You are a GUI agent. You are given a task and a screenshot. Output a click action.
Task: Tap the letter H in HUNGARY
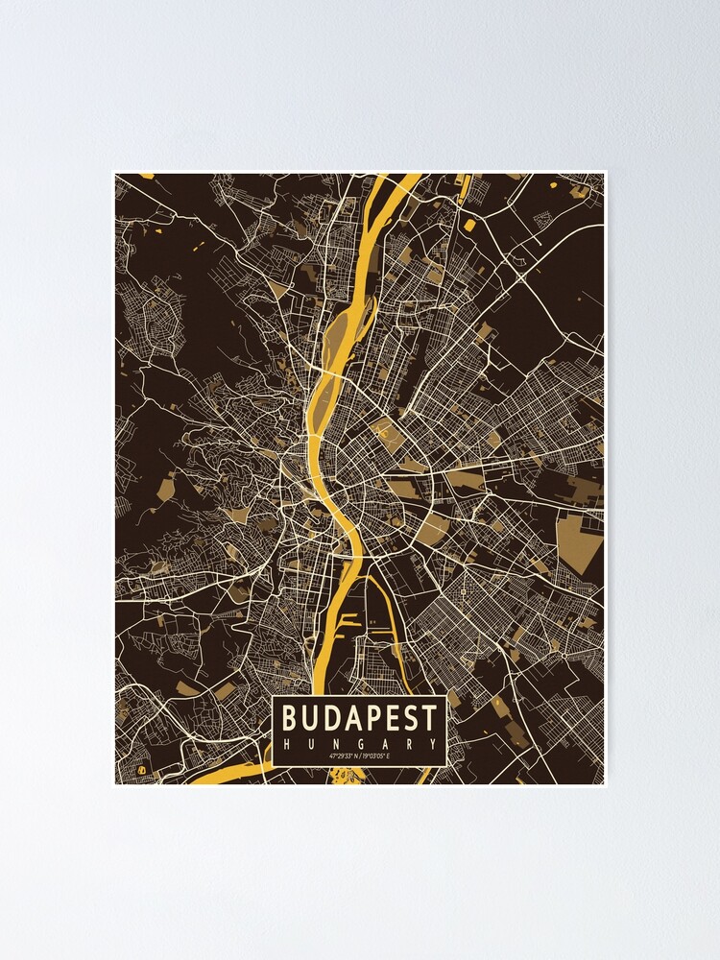pyautogui.click(x=285, y=743)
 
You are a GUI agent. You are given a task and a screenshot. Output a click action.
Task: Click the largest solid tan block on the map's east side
pyautogui.click(x=580, y=540)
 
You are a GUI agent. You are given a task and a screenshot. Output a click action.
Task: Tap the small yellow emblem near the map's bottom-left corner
pyautogui.click(x=141, y=769)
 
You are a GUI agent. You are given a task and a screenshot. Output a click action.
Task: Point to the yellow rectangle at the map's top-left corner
pyautogui.click(x=146, y=176)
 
